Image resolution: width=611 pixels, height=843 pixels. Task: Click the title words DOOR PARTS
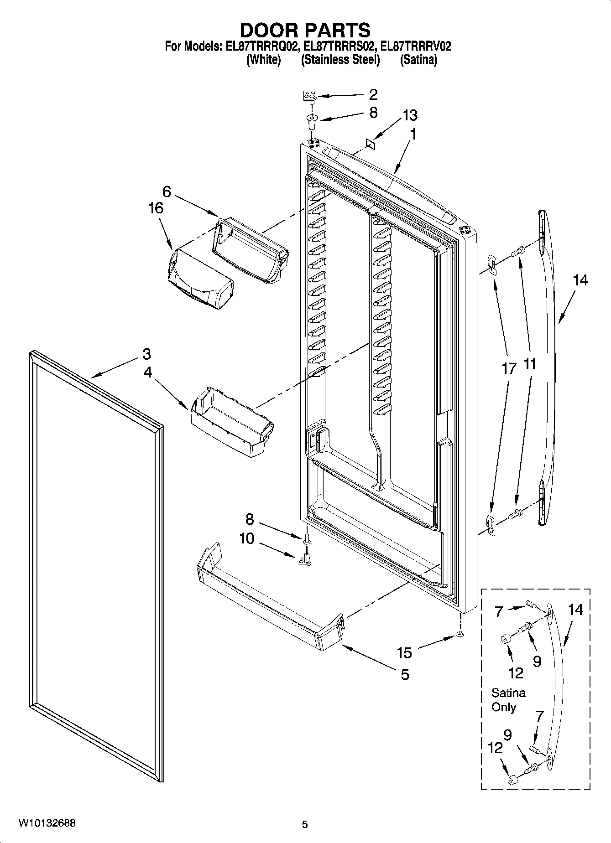point(305,30)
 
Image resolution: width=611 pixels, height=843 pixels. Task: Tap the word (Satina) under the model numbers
point(418,60)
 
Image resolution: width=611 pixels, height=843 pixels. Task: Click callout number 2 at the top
point(373,94)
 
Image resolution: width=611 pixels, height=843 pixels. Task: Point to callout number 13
point(409,115)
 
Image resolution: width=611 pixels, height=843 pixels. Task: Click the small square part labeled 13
point(370,144)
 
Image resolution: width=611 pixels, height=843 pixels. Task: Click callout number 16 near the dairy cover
point(156,208)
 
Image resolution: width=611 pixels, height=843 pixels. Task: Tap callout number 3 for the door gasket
point(146,353)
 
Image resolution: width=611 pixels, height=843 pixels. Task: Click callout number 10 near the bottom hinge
point(247,538)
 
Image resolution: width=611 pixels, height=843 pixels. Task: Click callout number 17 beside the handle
point(509,368)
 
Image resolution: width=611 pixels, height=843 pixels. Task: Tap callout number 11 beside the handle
point(529,364)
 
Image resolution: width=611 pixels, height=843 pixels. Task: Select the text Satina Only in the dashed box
point(508,700)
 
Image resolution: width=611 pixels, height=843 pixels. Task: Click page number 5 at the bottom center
point(305,824)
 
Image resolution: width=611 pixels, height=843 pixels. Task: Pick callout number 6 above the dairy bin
point(166,191)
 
